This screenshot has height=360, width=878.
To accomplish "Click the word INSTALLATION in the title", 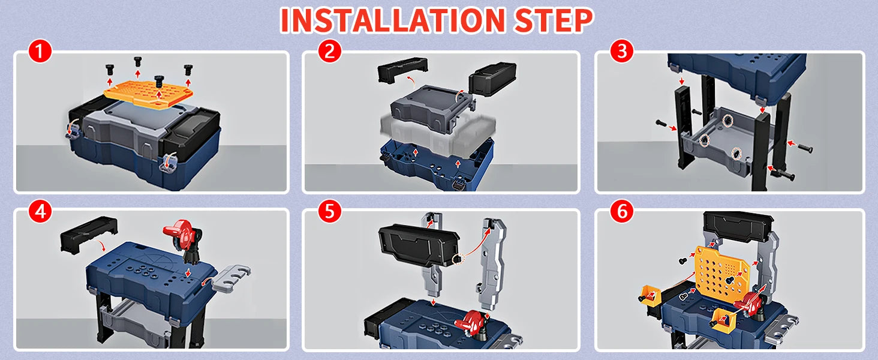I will pyautogui.click(x=393, y=20).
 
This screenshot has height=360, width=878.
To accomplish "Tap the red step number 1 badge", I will pyautogui.click(x=40, y=53).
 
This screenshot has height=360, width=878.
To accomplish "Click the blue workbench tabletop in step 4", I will pyautogui.click(x=144, y=270).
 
